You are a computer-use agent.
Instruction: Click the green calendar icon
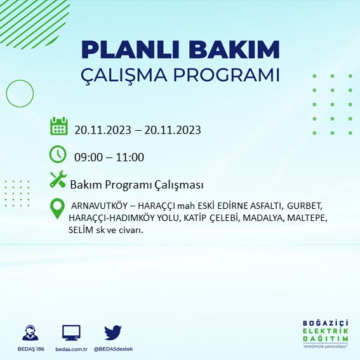58,126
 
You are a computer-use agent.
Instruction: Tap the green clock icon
58,154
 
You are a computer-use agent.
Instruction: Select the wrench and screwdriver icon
58,180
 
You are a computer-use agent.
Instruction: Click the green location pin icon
58,208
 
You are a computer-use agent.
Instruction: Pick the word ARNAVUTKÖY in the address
100,206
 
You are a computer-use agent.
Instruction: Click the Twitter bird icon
113,333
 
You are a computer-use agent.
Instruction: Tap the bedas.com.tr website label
70,349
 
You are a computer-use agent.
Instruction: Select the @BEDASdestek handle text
113,349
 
